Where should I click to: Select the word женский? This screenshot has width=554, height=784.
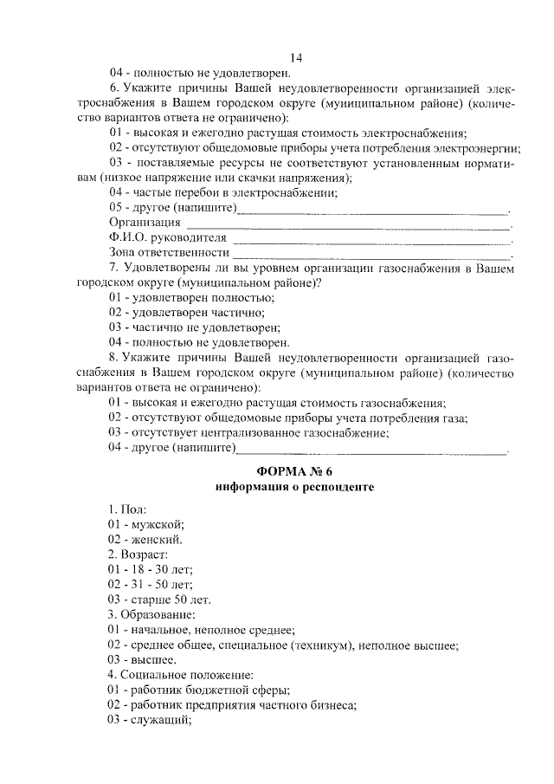(158, 539)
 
